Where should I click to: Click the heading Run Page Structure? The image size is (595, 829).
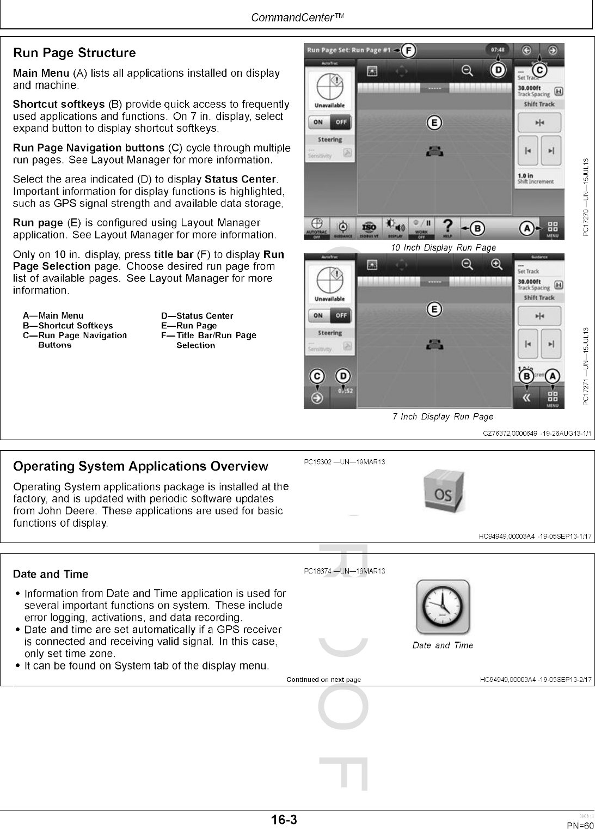tap(74, 53)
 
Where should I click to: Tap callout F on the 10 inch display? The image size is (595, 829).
tap(408, 51)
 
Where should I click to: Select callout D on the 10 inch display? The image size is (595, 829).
tap(497, 70)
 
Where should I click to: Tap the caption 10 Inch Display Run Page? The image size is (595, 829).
tap(443, 248)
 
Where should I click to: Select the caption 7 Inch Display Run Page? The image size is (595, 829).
tap(443, 417)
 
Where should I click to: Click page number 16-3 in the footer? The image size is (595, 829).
tap(285, 819)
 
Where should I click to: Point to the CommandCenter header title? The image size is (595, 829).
tap(297, 17)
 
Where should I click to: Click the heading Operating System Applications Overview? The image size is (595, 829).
tap(140, 466)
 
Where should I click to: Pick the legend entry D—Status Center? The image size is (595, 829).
tap(197, 316)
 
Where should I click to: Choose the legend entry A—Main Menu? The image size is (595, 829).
tap(53, 316)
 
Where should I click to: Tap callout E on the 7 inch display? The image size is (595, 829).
tap(434, 309)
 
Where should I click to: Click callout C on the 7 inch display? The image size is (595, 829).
tap(317, 376)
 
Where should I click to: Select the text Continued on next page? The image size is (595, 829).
tap(323, 679)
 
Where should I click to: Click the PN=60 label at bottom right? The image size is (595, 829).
tap(580, 825)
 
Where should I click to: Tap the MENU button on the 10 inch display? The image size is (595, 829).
tap(552, 229)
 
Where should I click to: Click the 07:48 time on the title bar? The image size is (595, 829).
tap(498, 50)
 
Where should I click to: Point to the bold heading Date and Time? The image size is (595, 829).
tap(50, 574)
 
